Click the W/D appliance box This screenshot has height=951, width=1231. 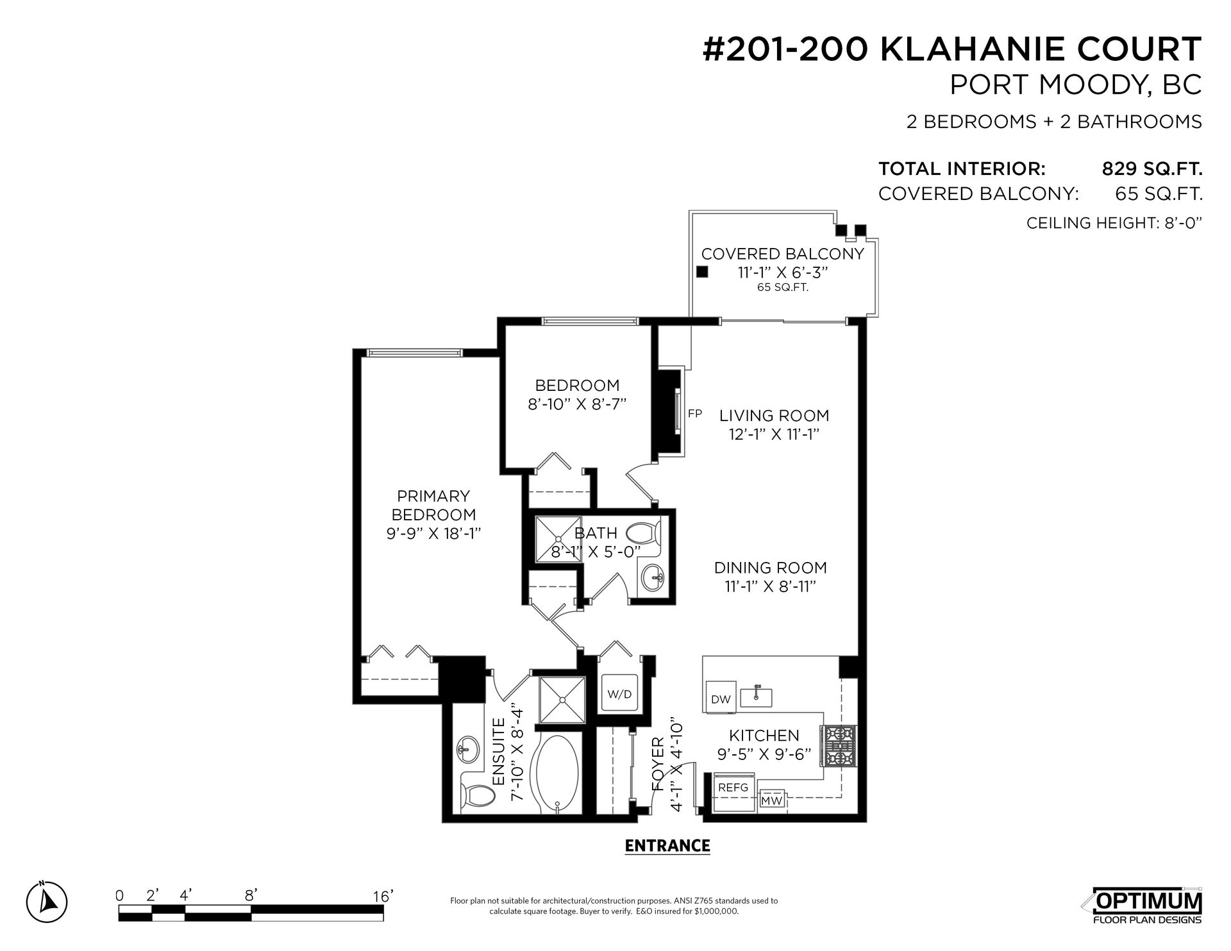[x=619, y=694]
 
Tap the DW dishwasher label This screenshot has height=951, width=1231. [x=721, y=699]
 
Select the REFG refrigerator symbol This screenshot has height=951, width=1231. [x=733, y=788]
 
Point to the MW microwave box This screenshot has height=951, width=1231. [x=771, y=801]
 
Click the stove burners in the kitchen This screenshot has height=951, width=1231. [x=836, y=747]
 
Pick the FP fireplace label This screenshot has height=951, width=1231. [x=695, y=413]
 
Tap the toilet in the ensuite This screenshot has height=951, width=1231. [x=478, y=797]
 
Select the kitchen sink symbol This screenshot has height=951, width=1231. [x=756, y=697]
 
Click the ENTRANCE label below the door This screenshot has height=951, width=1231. [x=667, y=846]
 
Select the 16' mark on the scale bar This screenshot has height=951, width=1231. [x=382, y=895]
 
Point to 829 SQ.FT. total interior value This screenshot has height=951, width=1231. [x=1151, y=169]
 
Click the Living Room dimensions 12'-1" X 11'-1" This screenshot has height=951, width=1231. [x=774, y=434]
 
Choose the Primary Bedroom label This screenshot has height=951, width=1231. [x=433, y=505]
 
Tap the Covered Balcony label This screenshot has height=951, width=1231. [x=782, y=254]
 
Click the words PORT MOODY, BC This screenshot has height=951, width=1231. [x=1075, y=85]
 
